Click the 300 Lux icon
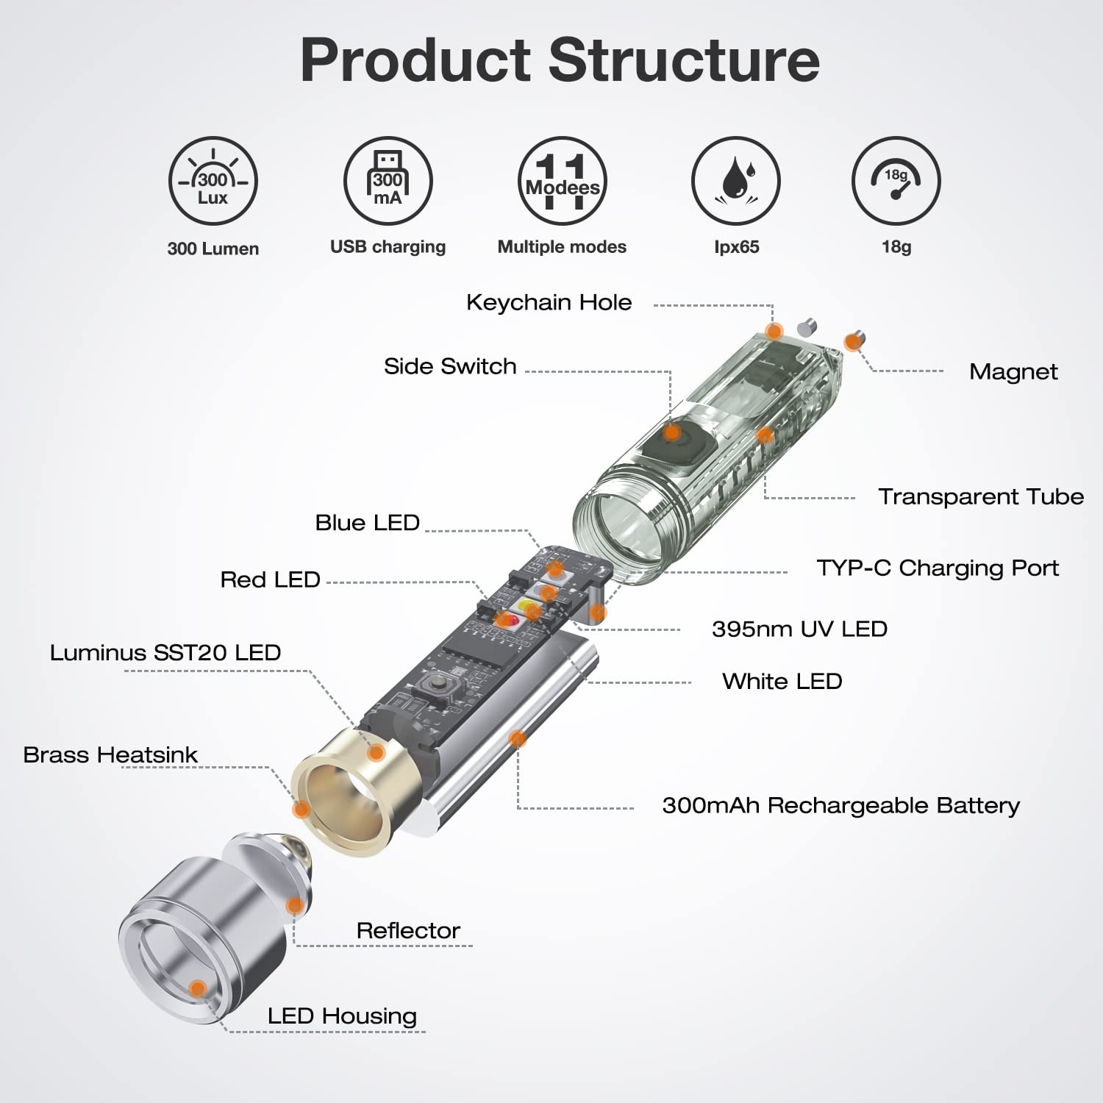click(213, 181)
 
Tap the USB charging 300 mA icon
click(388, 181)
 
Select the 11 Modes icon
click(563, 181)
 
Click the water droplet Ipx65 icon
click(736, 181)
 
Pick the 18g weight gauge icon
click(896, 181)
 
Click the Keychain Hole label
click(549, 302)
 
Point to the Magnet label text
click(1013, 372)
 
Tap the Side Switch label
click(450, 366)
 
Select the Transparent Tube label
click(981, 496)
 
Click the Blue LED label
click(368, 523)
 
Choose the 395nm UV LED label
click(799, 629)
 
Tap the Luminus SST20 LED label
click(165, 652)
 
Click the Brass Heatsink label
click(110, 754)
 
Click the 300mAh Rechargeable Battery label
click(841, 806)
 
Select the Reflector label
click(408, 930)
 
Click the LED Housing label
click(342, 1016)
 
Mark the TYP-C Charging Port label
click(938, 568)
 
